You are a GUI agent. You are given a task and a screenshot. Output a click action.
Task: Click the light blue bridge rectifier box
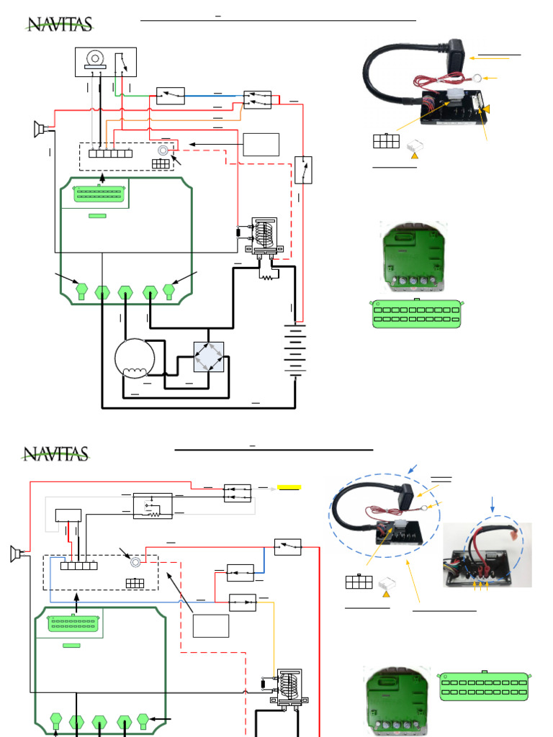[x=209, y=357]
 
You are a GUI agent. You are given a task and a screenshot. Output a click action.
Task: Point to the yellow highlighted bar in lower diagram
[x=289, y=487]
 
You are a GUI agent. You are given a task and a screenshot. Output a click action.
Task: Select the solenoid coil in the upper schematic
[x=266, y=234]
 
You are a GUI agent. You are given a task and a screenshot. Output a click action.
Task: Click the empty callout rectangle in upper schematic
[x=261, y=145]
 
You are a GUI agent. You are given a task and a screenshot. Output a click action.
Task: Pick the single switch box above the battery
[x=303, y=170]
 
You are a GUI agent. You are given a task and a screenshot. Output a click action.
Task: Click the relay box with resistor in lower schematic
[x=153, y=505]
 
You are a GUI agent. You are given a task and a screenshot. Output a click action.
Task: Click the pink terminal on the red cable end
[x=513, y=537]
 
